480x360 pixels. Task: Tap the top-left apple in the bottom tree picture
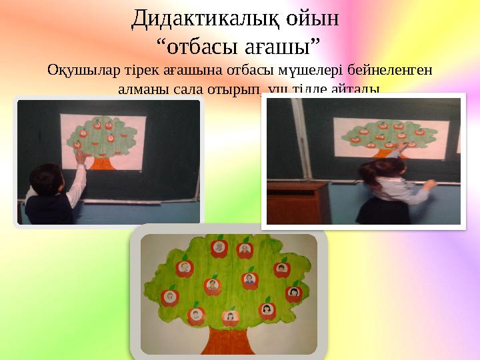[218, 248]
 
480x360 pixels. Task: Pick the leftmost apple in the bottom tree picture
[171, 295]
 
